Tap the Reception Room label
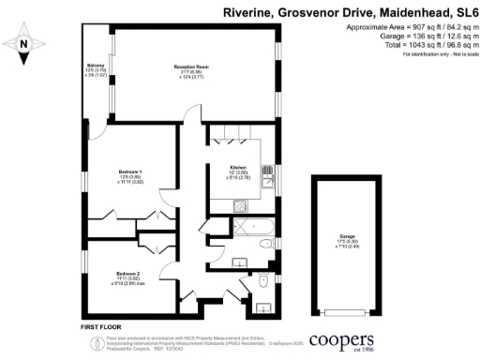tap(191, 69)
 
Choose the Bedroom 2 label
tap(128, 276)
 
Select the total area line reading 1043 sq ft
tap(413, 45)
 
